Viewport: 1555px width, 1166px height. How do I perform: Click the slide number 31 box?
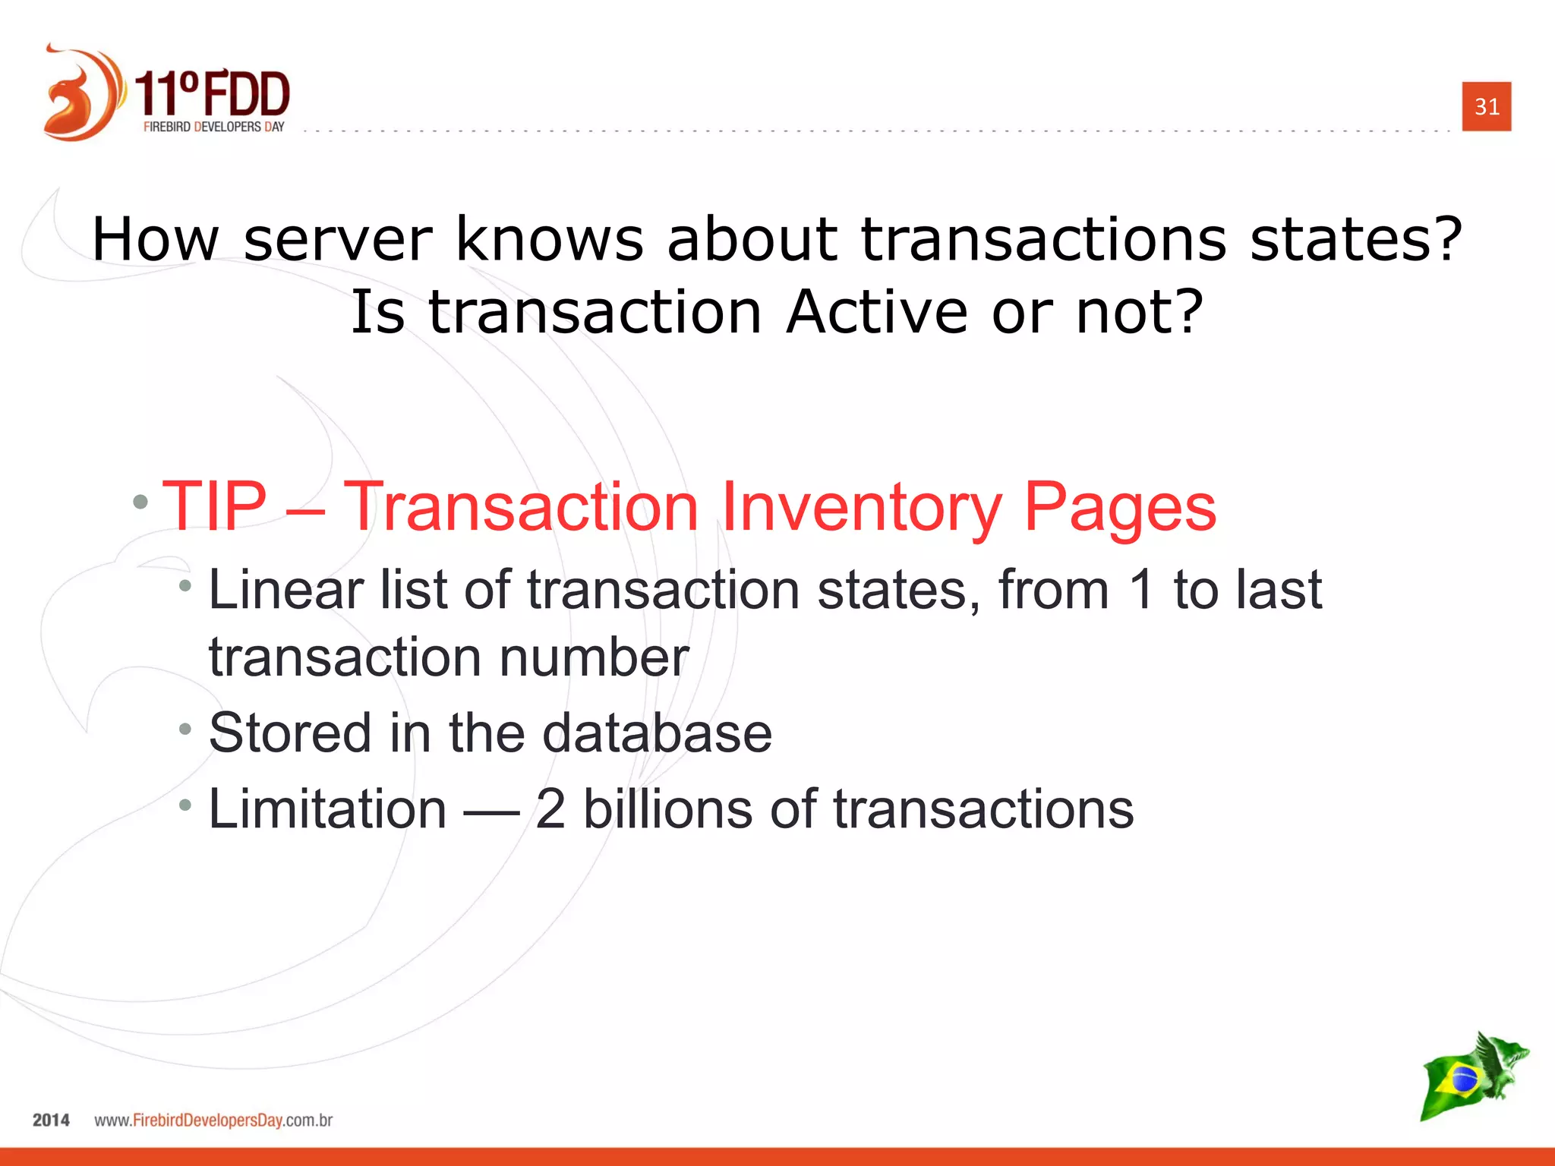(1486, 106)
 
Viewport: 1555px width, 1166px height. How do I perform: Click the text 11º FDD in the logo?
(213, 95)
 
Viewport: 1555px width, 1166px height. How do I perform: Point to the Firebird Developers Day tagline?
(213, 128)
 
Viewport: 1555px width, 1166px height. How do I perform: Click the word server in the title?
(338, 239)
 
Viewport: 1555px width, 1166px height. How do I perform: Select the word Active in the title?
(876, 312)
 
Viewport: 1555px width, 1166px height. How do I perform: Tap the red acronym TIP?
(215, 506)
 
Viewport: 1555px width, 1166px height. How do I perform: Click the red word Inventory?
(861, 508)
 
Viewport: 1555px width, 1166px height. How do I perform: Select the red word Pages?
(1119, 508)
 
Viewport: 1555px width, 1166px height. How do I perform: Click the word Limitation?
(327, 809)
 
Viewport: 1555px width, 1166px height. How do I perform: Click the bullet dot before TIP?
(140, 502)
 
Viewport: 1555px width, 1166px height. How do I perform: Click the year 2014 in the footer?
(51, 1120)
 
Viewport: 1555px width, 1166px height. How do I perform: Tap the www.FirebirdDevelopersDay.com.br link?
(213, 1120)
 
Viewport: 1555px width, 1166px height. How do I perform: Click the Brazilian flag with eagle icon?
(1473, 1076)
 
